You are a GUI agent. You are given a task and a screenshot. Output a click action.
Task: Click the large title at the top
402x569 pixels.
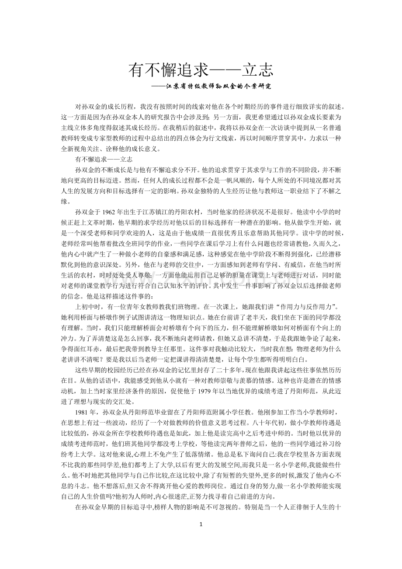tap(201, 70)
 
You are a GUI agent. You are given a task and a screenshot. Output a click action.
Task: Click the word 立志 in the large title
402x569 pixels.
tap(258, 70)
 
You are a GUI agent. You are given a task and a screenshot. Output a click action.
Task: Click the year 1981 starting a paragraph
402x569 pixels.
tap(83, 413)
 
